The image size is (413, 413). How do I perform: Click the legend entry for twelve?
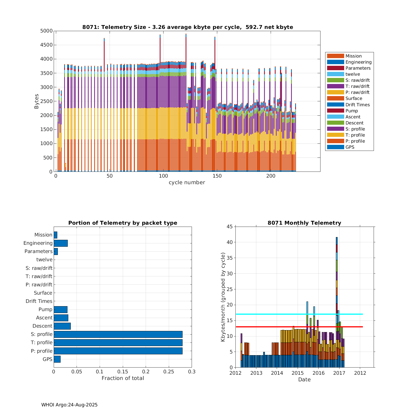[x=352, y=74]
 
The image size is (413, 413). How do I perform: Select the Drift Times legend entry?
[x=357, y=105]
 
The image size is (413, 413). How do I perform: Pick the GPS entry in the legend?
[x=350, y=147]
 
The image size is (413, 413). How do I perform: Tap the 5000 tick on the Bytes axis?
[x=46, y=31]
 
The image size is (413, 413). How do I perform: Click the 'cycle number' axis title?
[x=187, y=183]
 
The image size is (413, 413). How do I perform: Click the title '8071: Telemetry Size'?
[x=188, y=27]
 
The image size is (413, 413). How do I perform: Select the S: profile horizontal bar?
[x=118, y=334]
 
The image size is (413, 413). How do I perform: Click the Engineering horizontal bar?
[x=61, y=243]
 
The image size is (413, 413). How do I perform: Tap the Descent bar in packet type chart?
[x=62, y=326]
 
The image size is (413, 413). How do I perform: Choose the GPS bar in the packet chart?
[x=57, y=359]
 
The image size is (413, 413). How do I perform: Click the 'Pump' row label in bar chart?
[x=45, y=309]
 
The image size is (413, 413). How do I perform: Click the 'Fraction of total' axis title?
[x=123, y=378]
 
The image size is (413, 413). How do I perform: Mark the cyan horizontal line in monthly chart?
[x=275, y=314]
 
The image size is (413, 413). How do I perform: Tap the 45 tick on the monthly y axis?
[x=230, y=227]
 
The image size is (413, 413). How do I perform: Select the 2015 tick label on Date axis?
[x=297, y=373]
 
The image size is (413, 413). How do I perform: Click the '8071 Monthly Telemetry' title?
[x=304, y=223]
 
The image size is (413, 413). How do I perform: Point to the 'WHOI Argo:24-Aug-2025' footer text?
[x=69, y=405]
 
